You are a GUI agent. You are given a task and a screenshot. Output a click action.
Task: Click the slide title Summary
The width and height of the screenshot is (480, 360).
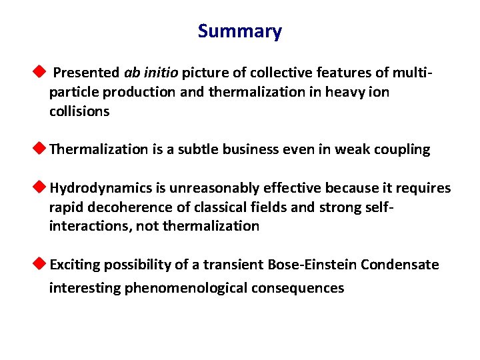[240, 31]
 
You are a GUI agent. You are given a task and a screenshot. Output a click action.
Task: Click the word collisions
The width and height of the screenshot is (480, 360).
[79, 111]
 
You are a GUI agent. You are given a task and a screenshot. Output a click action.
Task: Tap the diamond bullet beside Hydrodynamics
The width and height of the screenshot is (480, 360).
[41, 188]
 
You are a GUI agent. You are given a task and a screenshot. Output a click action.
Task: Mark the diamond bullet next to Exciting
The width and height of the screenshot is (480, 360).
[41, 264]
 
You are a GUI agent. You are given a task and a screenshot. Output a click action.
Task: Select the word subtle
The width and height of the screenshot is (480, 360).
[197, 149]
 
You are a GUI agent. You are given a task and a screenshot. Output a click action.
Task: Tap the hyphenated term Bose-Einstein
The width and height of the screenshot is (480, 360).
[313, 265]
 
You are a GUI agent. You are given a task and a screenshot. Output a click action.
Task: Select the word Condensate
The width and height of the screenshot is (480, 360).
[400, 265]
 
